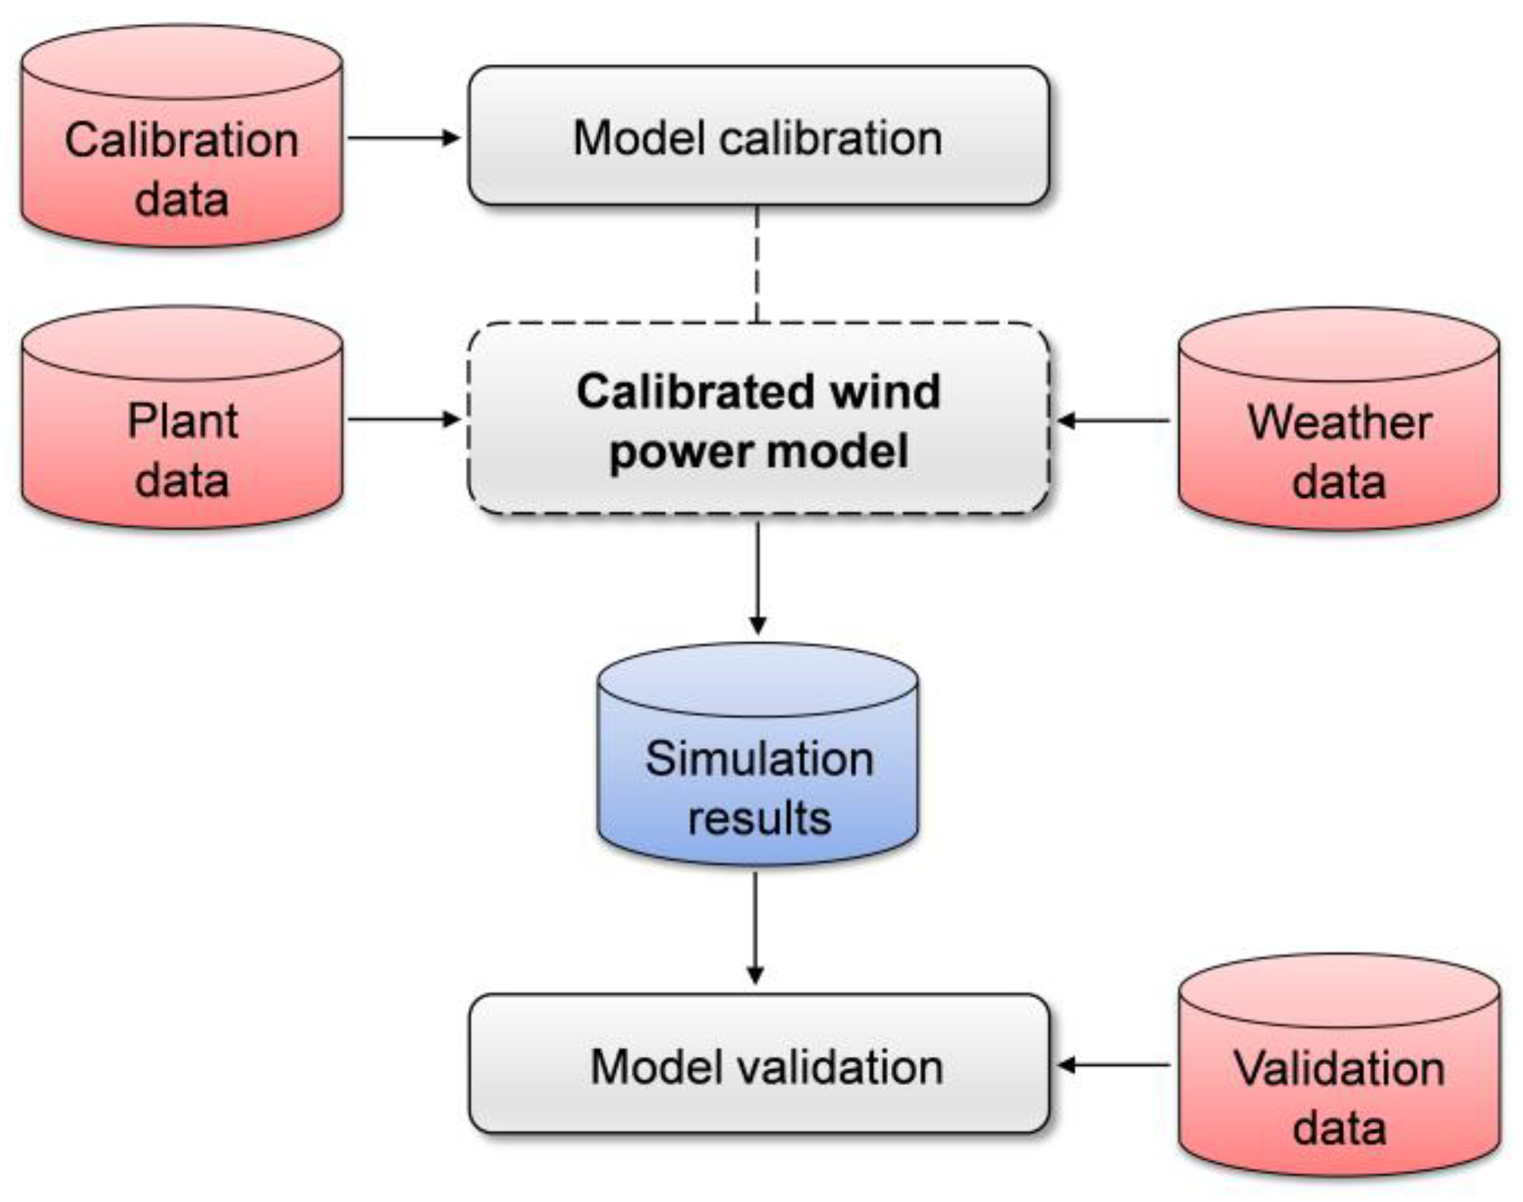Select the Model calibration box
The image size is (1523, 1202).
758,136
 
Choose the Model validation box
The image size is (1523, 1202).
758,1064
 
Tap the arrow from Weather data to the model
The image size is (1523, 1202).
1114,421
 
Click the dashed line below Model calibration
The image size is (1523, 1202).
757,264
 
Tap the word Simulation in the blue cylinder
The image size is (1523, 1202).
759,759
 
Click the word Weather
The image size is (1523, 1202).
1339,423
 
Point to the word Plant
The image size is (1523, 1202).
182,421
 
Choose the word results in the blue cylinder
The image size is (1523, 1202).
759,818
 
